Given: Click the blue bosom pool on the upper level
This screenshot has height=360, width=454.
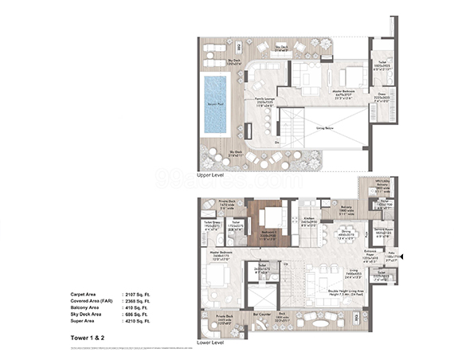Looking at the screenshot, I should [x=215, y=104].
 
